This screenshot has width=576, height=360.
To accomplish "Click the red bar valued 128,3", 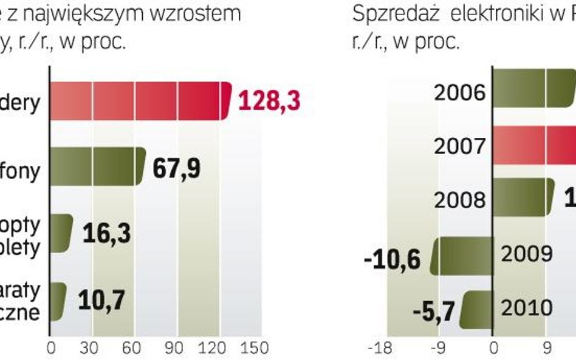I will (140, 101).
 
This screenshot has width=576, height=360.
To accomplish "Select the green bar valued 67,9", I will (97, 166).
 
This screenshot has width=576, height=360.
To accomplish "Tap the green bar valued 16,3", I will (60, 233).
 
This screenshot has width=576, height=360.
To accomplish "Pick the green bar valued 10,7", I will (57, 302).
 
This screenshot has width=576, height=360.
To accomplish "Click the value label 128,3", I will (269, 101).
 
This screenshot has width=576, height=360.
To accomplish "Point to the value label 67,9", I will (176, 168).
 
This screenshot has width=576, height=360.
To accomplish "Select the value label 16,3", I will (106, 234).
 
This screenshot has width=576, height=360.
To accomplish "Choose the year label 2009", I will (527, 253).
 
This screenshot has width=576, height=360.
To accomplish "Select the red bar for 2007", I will (533, 146).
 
